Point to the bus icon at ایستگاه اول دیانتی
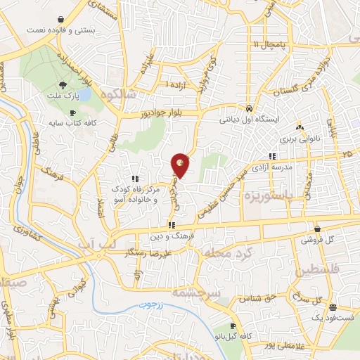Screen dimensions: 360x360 [x=250, y=109]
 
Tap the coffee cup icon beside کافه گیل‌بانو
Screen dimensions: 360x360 [x=233, y=326]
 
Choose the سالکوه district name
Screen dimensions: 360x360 [x=117, y=93]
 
